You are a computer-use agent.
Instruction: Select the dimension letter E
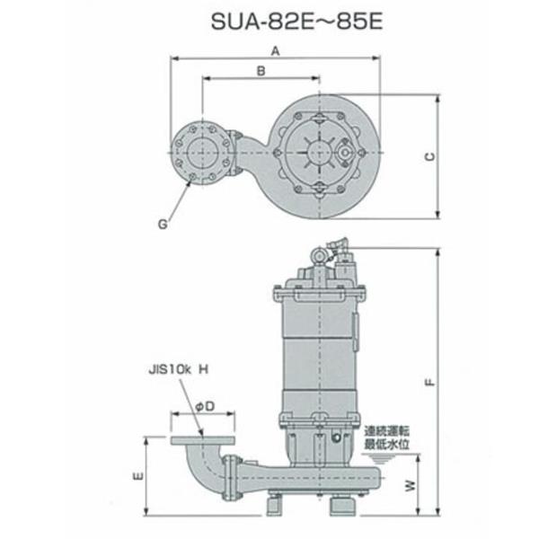137,477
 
